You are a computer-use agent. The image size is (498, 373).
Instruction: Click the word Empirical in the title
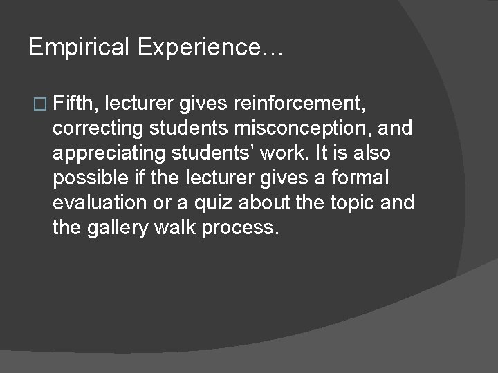pyautogui.click(x=79, y=48)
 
